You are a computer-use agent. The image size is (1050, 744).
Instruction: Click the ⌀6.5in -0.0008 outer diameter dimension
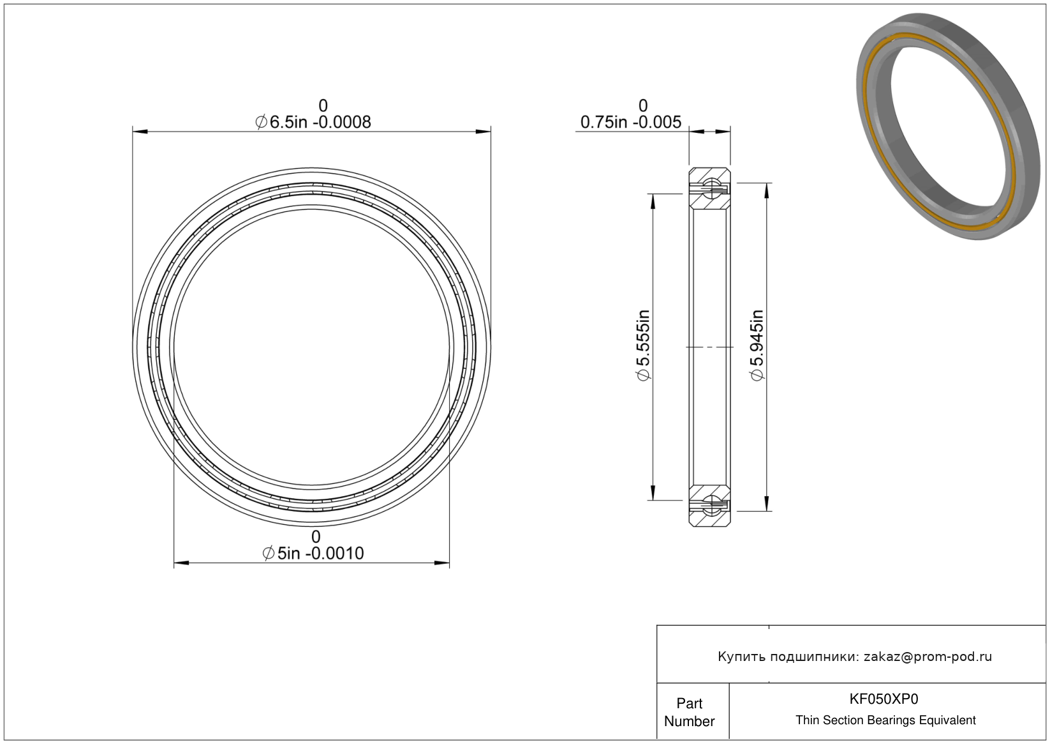pos(313,122)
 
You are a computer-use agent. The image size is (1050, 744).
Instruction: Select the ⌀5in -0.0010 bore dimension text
pos(313,554)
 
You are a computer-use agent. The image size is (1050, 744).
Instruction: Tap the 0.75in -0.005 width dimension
pos(631,122)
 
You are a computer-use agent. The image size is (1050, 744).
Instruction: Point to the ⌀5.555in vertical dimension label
pos(644,345)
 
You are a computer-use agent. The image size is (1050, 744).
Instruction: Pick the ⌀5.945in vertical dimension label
pos(757,345)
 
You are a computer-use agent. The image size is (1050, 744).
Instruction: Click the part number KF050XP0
pos(884,699)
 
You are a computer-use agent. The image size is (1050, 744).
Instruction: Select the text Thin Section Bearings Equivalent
pos(885,720)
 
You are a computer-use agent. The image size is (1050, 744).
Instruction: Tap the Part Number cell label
pos(689,712)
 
